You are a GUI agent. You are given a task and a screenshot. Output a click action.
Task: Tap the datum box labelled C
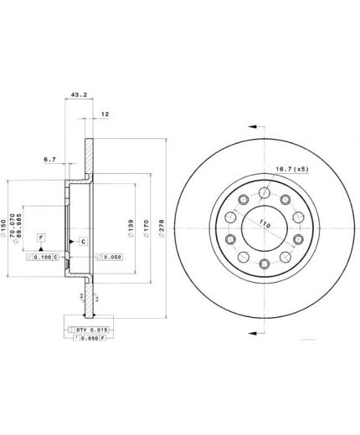[x=84, y=242]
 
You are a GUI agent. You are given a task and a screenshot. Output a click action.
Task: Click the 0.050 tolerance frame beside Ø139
[x=109, y=256]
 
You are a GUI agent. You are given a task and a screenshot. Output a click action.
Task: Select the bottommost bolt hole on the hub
[x=265, y=264]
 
